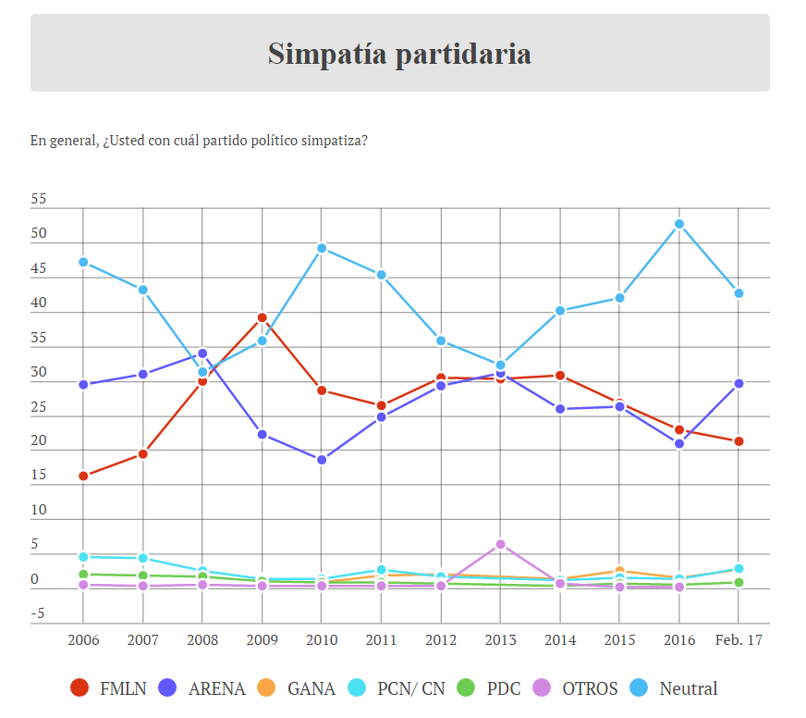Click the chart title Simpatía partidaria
(399, 54)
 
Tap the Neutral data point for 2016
(679, 224)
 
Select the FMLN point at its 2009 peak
(262, 317)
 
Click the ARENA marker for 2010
(322, 460)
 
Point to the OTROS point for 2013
(500, 544)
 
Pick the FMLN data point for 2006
(83, 477)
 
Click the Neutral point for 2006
(83, 262)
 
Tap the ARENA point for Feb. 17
(739, 383)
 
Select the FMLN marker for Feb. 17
(739, 441)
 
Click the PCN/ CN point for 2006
(83, 557)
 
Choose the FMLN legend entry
(109, 688)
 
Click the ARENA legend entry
(204, 688)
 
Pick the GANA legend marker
(265, 688)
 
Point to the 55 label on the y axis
(39, 200)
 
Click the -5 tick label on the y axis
(39, 614)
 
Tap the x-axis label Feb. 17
(739, 640)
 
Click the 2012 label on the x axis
(441, 640)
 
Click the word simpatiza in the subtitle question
(336, 141)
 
